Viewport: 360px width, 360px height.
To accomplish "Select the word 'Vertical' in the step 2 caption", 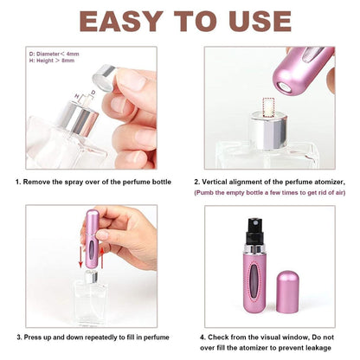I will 224,182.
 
